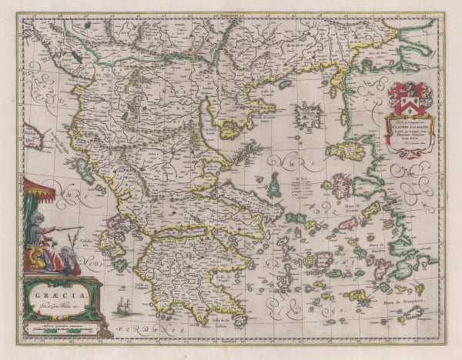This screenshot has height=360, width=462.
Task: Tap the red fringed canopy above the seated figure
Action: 39,189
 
